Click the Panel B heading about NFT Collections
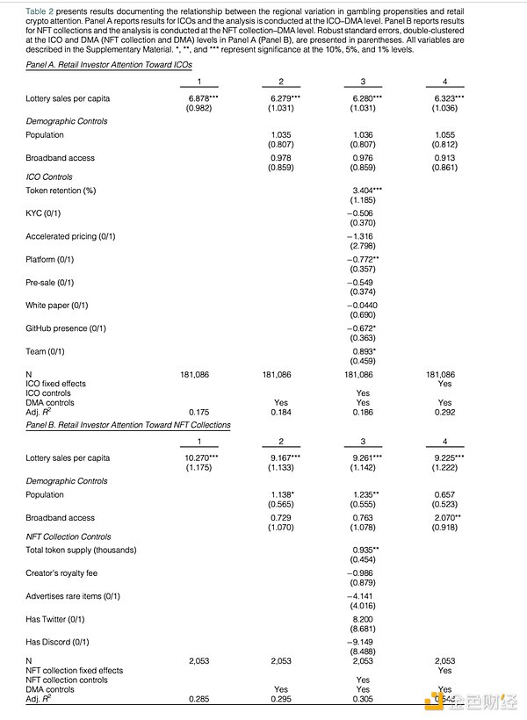pos(128,425)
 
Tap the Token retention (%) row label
pos(61,190)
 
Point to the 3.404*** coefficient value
pos(365,190)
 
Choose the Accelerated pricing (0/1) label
pos(70,236)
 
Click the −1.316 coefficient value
pos(362,236)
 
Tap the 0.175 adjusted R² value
pos(200,411)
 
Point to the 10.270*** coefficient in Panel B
pos(203,457)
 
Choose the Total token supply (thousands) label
pos(81,550)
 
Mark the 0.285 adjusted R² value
pos(200,700)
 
